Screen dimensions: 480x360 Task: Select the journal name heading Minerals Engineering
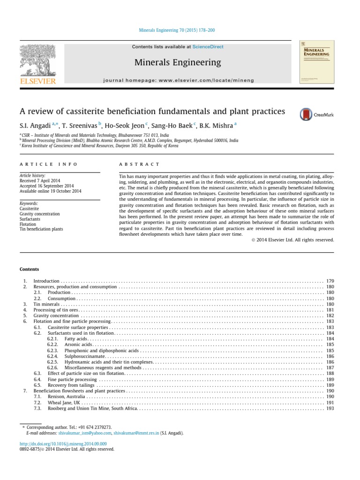pos(178,62)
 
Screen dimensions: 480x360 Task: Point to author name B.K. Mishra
pos(218,126)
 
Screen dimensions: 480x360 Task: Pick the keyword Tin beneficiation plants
pos(41,229)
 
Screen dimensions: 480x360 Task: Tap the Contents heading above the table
pos(29,269)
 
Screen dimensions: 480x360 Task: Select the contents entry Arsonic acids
pos(78,345)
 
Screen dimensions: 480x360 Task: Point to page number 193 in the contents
pos(330,408)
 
